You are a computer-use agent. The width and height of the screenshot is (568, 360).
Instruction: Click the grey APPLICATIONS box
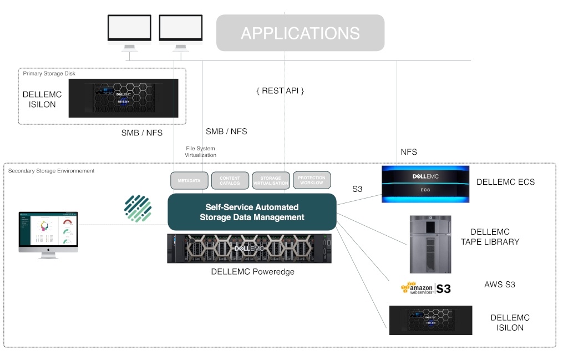coord(300,33)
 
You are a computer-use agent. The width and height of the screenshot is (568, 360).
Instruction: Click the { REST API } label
coord(280,90)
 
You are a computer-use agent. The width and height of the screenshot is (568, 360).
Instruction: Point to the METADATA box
coord(189,180)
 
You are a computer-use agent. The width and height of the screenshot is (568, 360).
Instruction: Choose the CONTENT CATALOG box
coord(230,180)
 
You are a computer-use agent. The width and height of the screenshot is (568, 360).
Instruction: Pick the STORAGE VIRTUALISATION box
coord(271,180)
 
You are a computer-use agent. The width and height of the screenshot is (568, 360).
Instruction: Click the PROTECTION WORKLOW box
coord(312,180)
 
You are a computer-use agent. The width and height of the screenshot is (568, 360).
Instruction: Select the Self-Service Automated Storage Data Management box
coord(252,212)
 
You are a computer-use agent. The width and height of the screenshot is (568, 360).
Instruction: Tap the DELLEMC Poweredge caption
coord(252,272)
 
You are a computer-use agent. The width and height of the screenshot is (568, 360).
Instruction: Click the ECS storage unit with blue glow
coord(425,184)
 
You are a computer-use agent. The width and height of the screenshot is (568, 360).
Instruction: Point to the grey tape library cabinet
coord(430,244)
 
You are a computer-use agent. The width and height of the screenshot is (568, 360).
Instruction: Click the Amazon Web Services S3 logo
coord(425,288)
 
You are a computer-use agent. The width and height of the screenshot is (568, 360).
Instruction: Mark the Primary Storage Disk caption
coord(49,73)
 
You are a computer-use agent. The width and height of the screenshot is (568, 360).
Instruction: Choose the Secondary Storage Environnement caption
coord(51,171)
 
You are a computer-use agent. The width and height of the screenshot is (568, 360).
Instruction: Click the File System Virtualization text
coord(201,151)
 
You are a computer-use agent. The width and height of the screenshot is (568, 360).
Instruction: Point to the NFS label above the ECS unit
coord(409,152)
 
